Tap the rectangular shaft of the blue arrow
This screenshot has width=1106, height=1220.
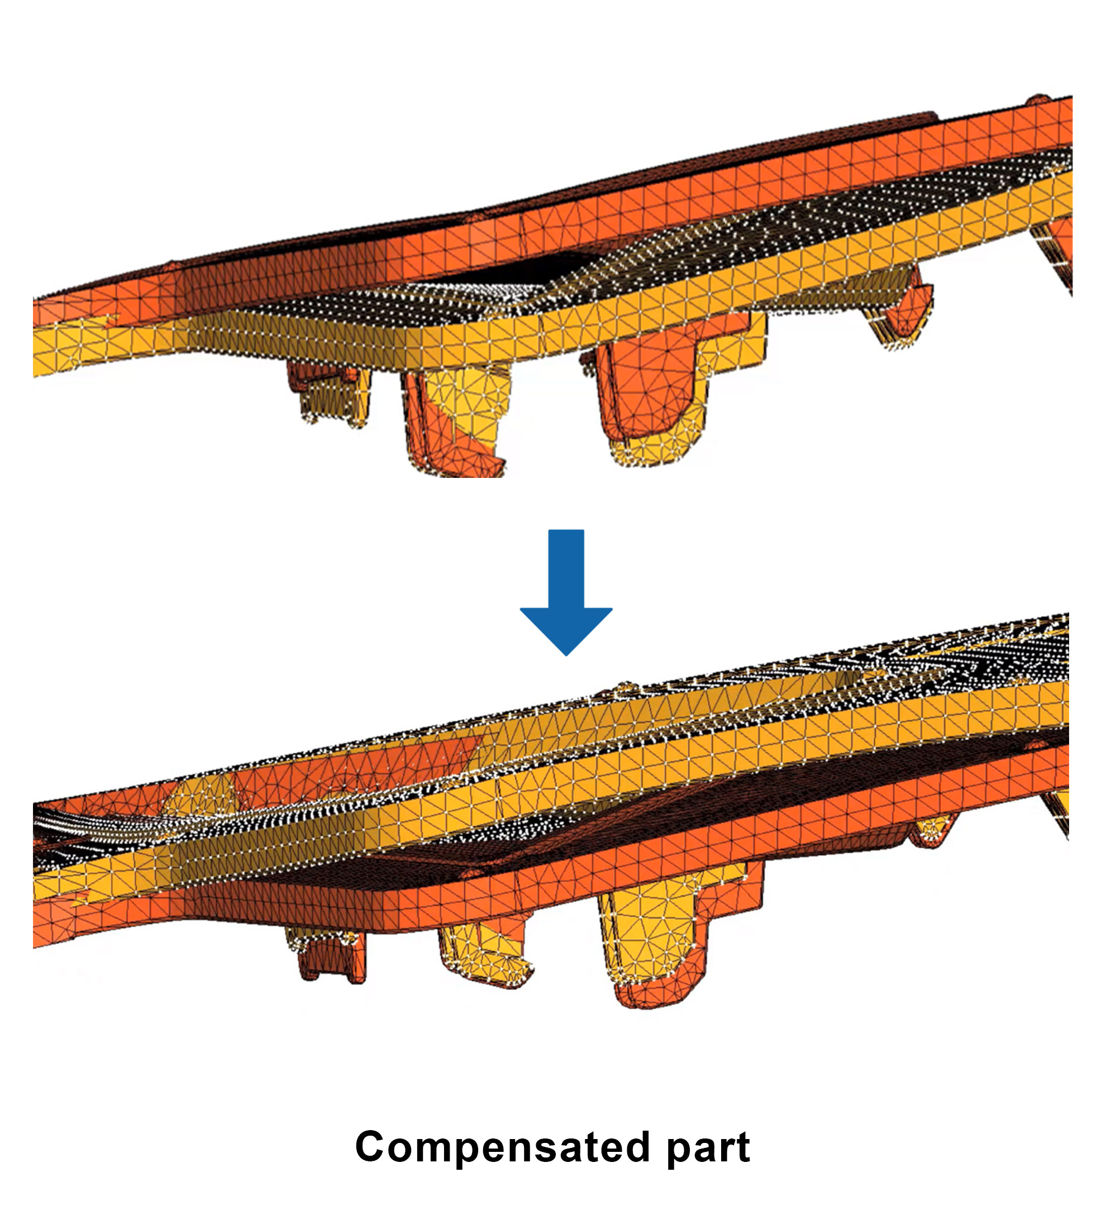566,569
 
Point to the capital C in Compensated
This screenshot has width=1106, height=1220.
370,1147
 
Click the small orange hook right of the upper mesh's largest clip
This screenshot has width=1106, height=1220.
902,309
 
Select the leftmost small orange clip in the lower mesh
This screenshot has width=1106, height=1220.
327,956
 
